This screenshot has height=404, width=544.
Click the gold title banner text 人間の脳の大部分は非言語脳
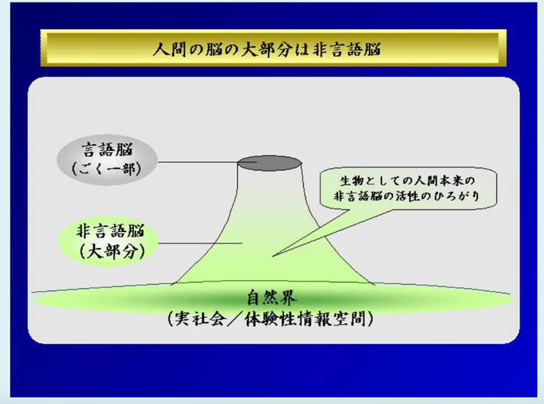click(266, 49)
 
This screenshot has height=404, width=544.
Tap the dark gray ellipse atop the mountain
click(269, 163)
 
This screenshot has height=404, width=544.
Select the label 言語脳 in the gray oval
click(107, 150)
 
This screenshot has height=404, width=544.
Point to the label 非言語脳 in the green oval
click(110, 232)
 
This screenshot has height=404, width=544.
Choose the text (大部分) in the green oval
click(112, 252)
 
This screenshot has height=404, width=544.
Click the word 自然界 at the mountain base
click(272, 298)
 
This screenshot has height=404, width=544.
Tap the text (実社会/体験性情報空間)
click(271, 318)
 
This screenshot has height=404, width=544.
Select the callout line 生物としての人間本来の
click(407, 180)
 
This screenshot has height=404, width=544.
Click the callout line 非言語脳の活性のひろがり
click(406, 196)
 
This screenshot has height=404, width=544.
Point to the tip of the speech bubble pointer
click(273, 256)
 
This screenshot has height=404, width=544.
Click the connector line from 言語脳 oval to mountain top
click(198, 162)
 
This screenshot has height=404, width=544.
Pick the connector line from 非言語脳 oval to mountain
click(200, 243)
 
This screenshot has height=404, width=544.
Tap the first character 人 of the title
click(161, 49)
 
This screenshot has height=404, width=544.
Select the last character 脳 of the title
click(372, 49)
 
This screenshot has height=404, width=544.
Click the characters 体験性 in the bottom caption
click(270, 319)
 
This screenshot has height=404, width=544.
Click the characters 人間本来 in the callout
click(429, 180)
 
